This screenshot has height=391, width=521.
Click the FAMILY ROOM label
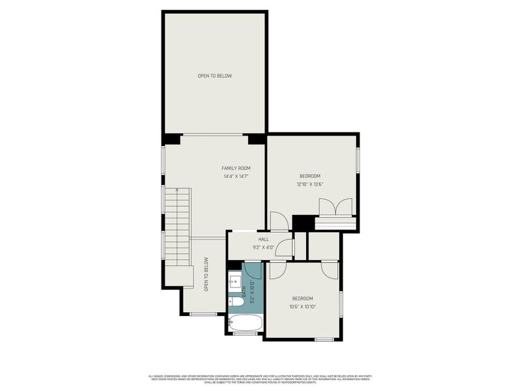pos(236,168)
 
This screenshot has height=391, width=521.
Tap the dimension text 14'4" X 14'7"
pos(236,176)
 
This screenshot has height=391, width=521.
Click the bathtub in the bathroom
pos(246,323)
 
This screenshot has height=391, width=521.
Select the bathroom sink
pos(235,282)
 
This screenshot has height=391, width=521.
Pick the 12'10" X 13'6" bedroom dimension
pos(310,184)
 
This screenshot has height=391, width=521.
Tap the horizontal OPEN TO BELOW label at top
pos(214,76)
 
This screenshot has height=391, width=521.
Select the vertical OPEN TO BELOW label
pos(206,274)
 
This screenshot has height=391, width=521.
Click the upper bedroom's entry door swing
pos(278,221)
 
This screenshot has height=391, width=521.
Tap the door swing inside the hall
pos(283,248)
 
